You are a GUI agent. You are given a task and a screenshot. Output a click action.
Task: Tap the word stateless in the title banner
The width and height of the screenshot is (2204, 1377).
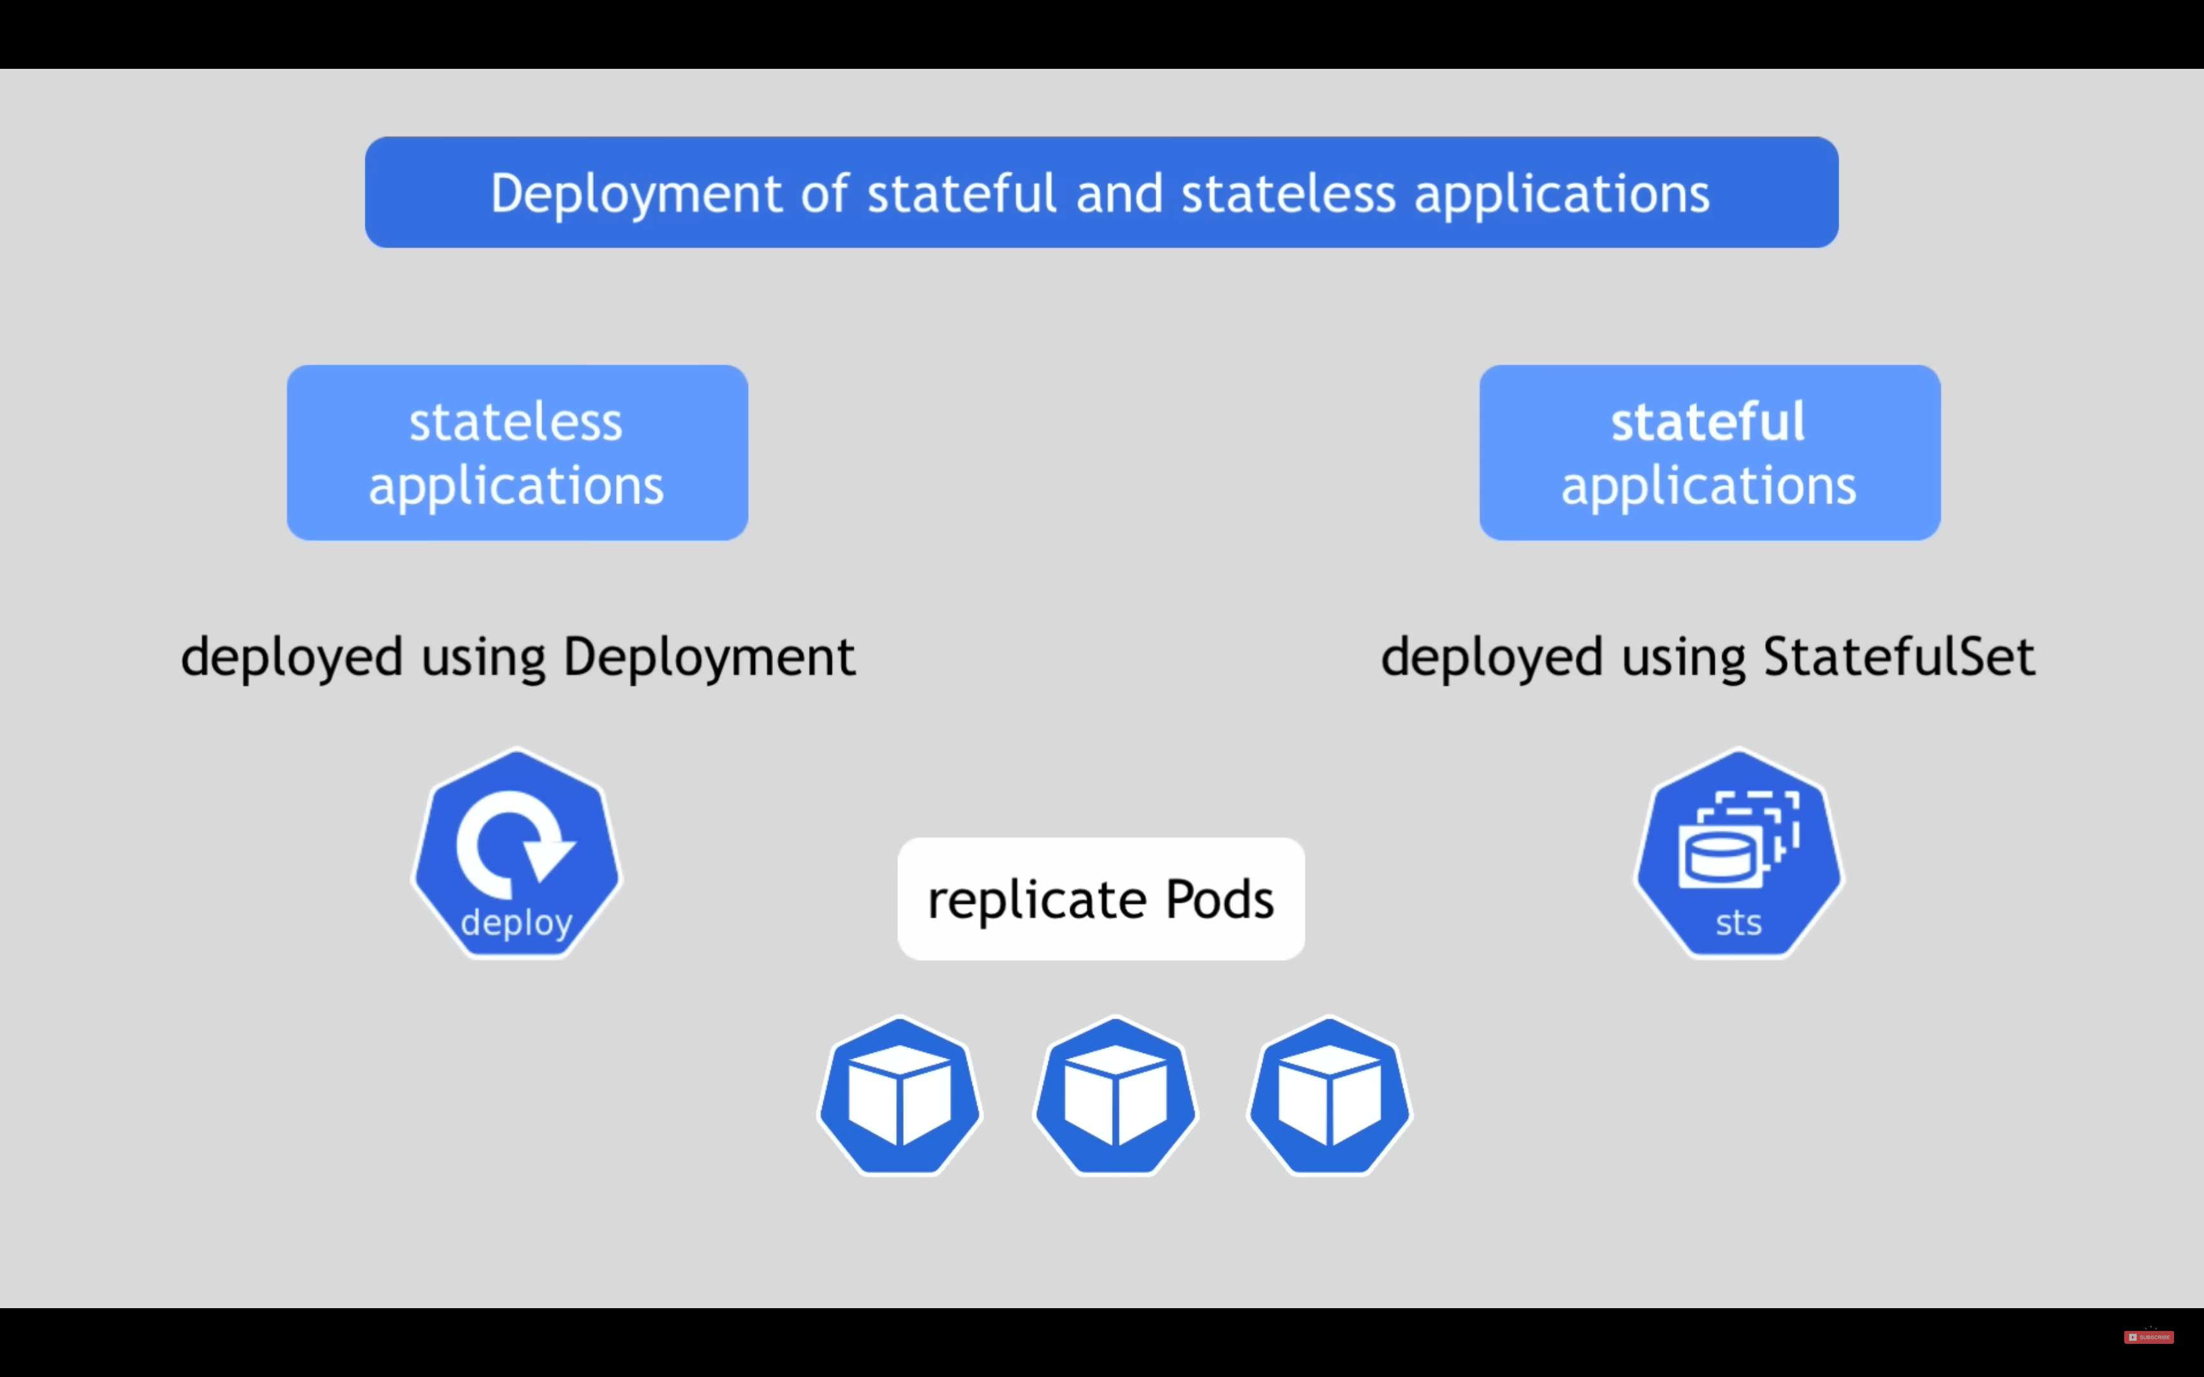click(x=1288, y=193)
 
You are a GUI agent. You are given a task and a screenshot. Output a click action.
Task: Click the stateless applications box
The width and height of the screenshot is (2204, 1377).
click(x=517, y=453)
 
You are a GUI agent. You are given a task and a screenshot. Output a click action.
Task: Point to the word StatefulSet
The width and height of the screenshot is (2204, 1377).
click(x=1899, y=657)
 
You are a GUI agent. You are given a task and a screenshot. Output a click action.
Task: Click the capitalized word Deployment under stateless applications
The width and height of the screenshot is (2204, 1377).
click(x=709, y=657)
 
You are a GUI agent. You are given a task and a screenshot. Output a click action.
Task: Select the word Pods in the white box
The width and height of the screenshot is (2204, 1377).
click(x=1219, y=900)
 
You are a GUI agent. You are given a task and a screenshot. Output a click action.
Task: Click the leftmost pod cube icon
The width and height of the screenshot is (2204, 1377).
click(x=900, y=1096)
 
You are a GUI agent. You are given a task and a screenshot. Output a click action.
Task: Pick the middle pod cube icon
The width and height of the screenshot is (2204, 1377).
click(x=1115, y=1096)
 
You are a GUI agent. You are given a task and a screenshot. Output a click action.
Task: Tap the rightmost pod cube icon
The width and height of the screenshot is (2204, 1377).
click(x=1330, y=1096)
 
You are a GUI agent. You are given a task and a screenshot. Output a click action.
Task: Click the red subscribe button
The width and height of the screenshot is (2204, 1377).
click(x=2149, y=1337)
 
